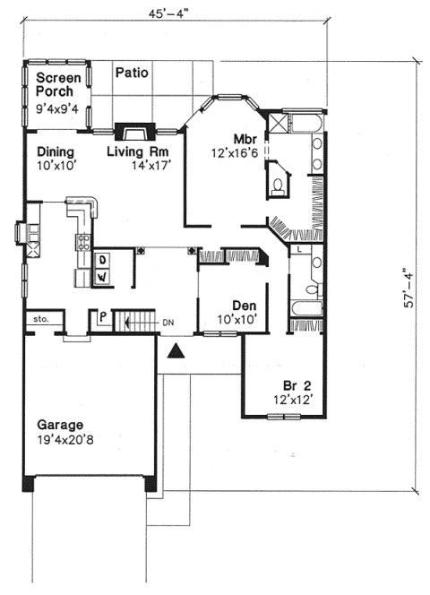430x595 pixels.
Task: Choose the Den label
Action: [245, 305]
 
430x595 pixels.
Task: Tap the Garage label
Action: [60, 425]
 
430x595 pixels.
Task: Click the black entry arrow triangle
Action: [177, 350]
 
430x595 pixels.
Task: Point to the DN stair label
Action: [168, 321]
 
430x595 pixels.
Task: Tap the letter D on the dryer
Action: [102, 260]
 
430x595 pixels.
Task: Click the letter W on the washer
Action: [102, 277]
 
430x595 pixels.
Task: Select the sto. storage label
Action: [40, 318]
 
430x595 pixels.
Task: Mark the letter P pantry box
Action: [102, 317]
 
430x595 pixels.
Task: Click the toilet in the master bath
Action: [278, 186]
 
